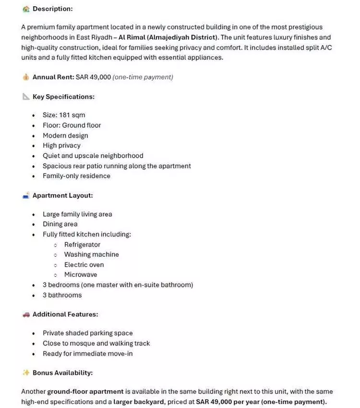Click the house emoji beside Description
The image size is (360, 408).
pyautogui.click(x=26, y=9)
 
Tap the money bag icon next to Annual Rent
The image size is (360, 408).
pyautogui.click(x=26, y=77)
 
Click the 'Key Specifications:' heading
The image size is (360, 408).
pyautogui.click(x=63, y=97)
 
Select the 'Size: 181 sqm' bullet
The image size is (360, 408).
pyautogui.click(x=64, y=115)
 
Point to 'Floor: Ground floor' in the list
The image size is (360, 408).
pyautogui.click(x=72, y=125)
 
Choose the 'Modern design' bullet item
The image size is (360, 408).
pyautogui.click(x=65, y=136)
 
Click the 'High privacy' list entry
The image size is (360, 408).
pyautogui.click(x=61, y=146)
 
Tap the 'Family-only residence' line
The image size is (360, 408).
pyautogui.click(x=76, y=176)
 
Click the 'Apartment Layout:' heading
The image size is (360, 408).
pyautogui.click(x=62, y=196)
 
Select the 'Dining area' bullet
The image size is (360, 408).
pyautogui.click(x=60, y=224)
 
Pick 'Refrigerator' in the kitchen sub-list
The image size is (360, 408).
pyautogui.click(x=82, y=245)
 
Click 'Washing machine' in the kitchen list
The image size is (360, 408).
pyautogui.click(x=91, y=255)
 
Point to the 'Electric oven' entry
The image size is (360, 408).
pyautogui.click(x=84, y=265)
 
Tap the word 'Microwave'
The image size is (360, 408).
pyautogui.click(x=81, y=275)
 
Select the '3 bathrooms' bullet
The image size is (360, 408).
pyautogui.click(x=62, y=295)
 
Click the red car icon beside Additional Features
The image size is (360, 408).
pyautogui.click(x=26, y=314)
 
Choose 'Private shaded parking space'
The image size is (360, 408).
pyautogui.click(x=87, y=333)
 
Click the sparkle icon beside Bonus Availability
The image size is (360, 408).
pyautogui.click(x=26, y=372)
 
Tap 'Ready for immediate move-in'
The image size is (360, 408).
pyautogui.click(x=87, y=354)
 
